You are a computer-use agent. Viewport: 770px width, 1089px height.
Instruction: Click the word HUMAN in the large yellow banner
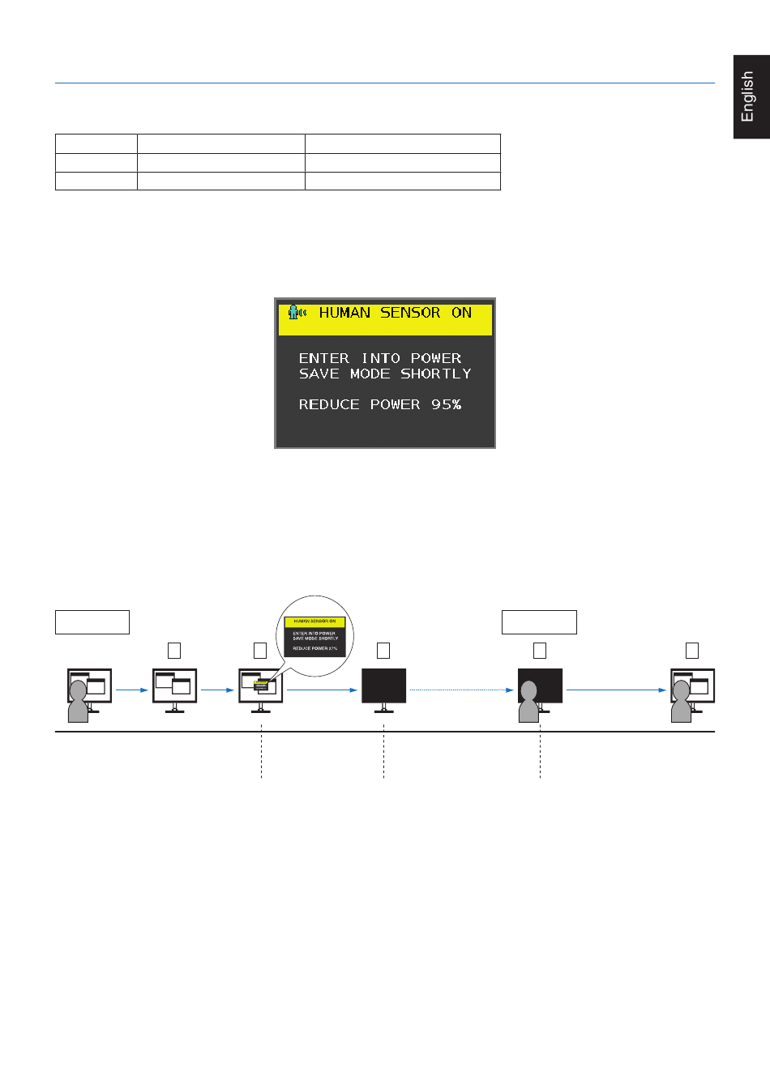point(344,313)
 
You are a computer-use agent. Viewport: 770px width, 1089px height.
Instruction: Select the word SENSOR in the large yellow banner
point(410,313)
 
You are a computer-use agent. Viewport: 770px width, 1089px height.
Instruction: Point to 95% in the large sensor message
point(446,404)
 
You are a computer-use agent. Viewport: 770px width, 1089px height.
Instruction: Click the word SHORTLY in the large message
point(435,374)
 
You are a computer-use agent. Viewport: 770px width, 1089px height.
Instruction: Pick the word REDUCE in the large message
point(328,404)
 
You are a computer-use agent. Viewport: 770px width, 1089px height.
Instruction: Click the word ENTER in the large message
point(323,358)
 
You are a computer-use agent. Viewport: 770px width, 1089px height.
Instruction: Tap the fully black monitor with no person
point(383,687)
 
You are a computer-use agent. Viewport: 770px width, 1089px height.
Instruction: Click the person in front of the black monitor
point(528,703)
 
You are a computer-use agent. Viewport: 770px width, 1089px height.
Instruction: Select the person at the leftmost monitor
point(78,702)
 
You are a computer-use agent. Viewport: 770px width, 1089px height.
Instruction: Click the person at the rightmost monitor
point(681,702)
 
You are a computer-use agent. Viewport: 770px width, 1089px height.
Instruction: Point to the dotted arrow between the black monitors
point(461,690)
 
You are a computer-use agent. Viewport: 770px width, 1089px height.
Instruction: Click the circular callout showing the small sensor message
point(315,636)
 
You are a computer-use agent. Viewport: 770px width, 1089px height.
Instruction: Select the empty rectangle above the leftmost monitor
point(92,622)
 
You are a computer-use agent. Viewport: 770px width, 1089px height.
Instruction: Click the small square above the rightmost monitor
point(691,651)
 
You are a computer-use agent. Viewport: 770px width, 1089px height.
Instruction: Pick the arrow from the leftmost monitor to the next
point(132,690)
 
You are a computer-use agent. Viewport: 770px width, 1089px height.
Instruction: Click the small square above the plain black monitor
point(383,651)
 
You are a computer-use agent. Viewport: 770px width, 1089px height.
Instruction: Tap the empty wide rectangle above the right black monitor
point(539,622)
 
